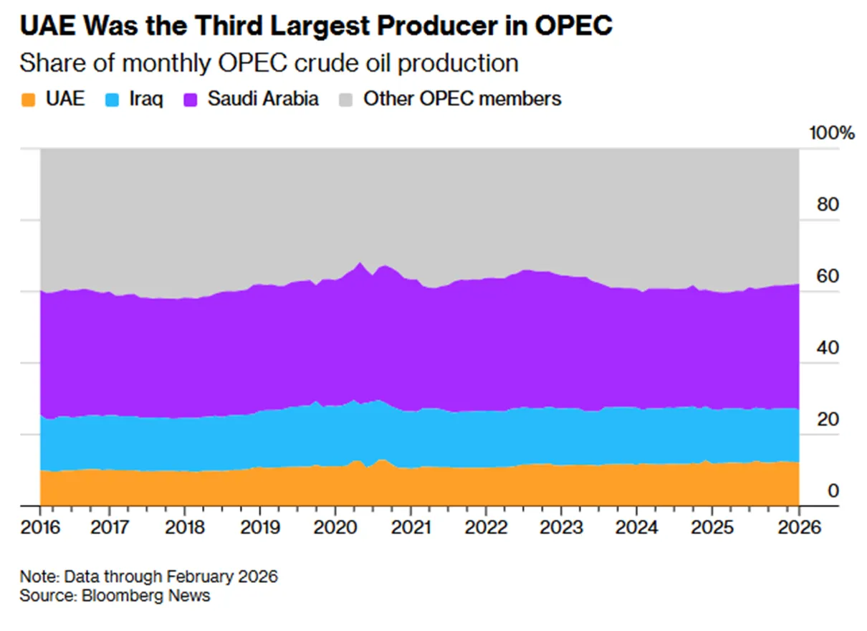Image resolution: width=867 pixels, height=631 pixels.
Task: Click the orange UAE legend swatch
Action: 28,100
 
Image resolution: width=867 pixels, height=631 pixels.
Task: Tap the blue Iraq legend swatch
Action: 112,100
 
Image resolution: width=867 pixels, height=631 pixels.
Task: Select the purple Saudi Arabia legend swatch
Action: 190,100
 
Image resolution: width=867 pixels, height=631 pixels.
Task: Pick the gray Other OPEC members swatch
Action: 345,100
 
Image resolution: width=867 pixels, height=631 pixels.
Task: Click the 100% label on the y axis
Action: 832,133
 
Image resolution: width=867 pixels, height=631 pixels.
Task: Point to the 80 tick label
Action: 828,204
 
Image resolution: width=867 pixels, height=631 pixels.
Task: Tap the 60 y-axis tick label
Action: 828,276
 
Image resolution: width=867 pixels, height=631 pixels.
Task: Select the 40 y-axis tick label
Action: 828,348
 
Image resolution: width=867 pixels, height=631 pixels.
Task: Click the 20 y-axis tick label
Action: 828,419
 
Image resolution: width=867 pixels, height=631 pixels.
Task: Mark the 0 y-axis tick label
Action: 833,491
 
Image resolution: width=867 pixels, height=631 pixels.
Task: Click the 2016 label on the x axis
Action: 40,527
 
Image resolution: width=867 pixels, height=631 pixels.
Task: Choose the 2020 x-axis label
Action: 335,527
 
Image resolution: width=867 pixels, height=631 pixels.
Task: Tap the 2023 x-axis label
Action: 561,527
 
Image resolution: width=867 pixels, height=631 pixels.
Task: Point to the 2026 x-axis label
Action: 799,527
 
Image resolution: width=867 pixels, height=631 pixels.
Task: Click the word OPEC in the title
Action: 573,26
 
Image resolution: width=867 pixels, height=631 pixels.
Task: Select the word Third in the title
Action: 229,26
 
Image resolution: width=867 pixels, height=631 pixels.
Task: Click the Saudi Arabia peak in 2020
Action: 360,263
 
